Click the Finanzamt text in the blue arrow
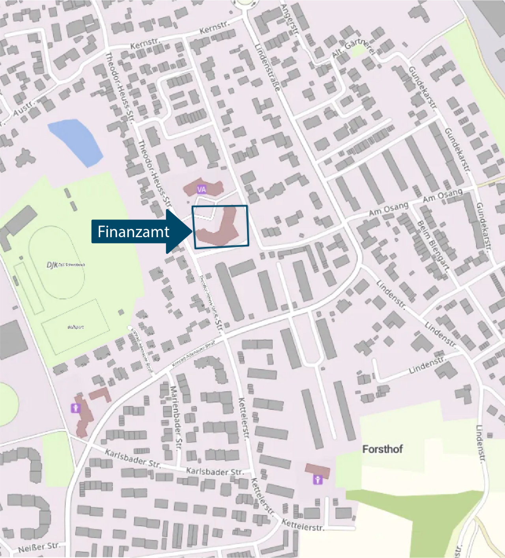coord(133,232)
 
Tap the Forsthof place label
coord(382,449)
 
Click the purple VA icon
coord(202,190)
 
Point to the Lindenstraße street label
coord(267,68)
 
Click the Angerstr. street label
coord(289,20)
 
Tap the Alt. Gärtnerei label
coord(353,48)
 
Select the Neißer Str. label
coord(39,547)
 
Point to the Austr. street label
coord(24,108)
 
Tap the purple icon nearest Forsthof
coord(318,480)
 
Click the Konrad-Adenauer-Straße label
coord(193,353)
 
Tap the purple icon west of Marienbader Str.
coord(75,408)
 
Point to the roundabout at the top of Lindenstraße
coord(245,3)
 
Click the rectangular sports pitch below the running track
coord(75,327)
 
